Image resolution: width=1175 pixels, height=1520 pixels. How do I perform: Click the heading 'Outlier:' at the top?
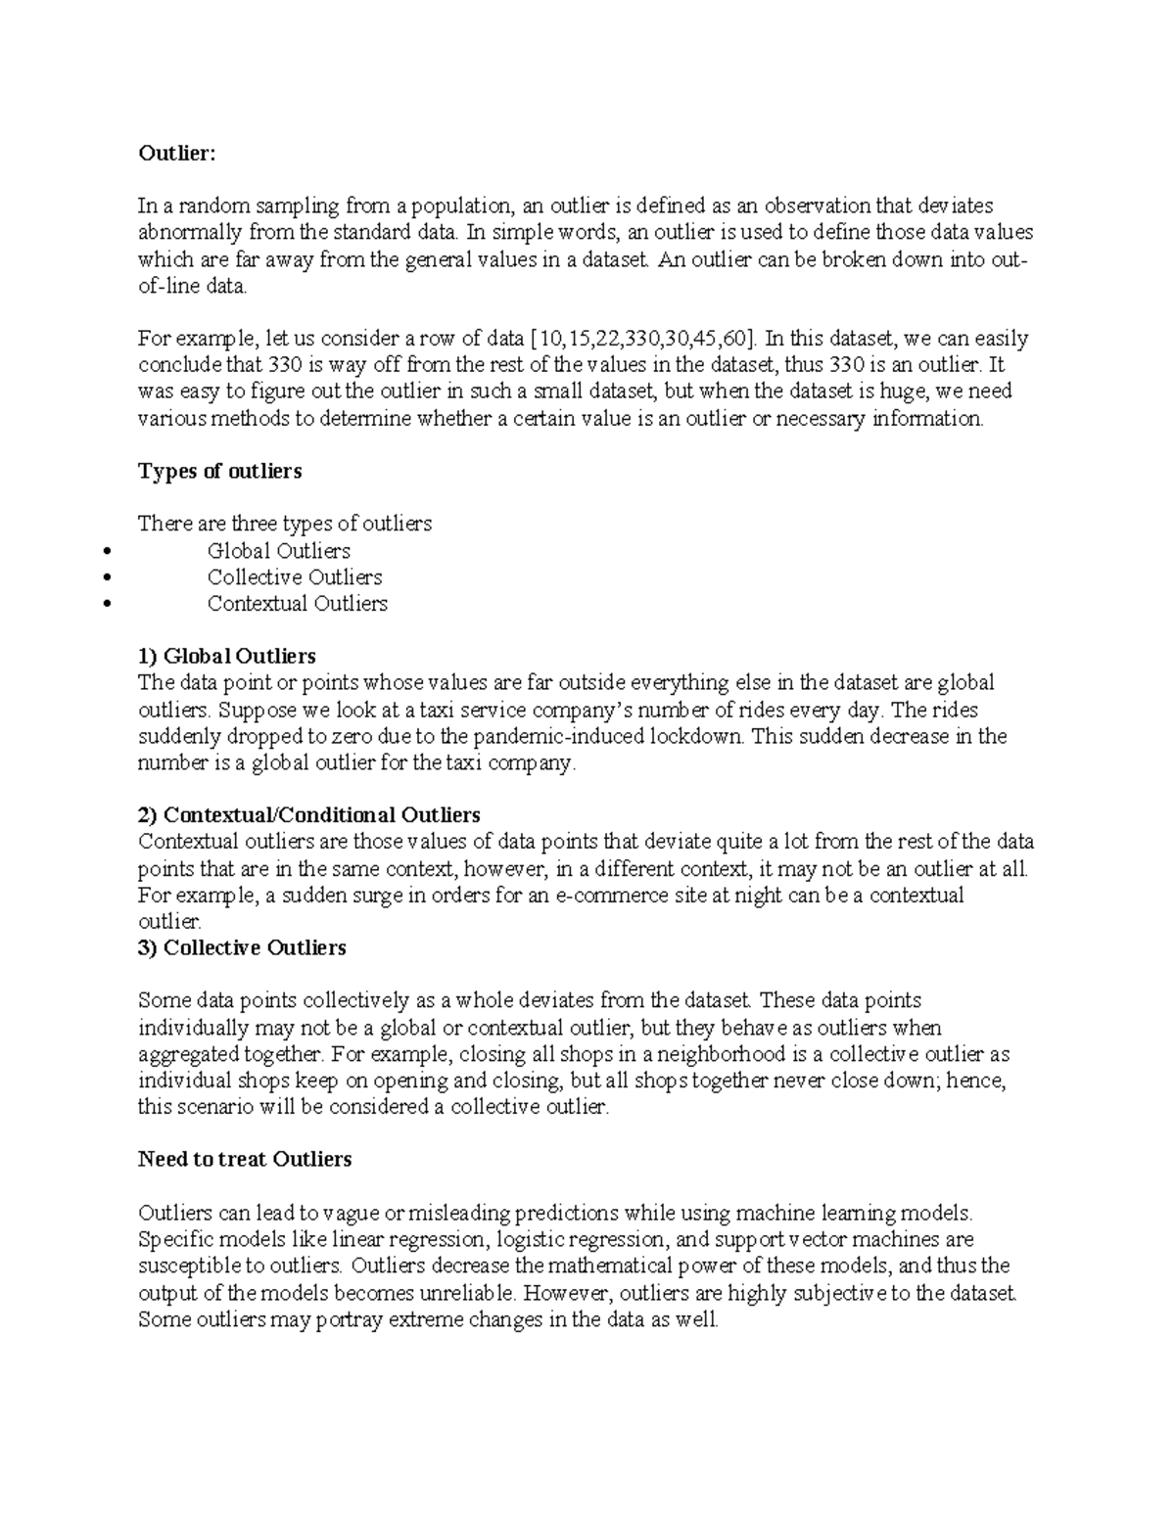point(174,153)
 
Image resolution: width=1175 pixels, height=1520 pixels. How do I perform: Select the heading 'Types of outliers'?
point(219,471)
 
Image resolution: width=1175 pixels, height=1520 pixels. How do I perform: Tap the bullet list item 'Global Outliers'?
point(278,551)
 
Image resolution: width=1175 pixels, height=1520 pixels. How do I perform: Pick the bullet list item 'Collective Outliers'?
point(294,577)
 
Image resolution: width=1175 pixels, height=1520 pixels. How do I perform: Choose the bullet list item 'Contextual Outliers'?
point(297,604)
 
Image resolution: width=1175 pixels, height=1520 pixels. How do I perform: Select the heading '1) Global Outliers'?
point(226,656)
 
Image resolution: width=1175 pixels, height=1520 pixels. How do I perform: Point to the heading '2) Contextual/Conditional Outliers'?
point(308,814)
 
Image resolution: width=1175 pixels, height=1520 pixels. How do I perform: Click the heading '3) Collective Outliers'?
point(242,947)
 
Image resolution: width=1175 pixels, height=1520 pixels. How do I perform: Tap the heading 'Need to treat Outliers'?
point(244,1160)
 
